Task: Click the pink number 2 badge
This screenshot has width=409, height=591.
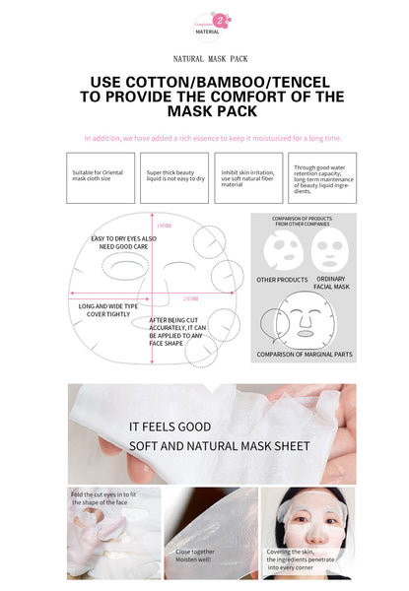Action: click(x=218, y=19)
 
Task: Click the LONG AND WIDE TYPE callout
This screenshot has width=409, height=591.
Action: click(x=102, y=311)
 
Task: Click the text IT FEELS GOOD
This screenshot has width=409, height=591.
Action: click(x=170, y=427)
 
